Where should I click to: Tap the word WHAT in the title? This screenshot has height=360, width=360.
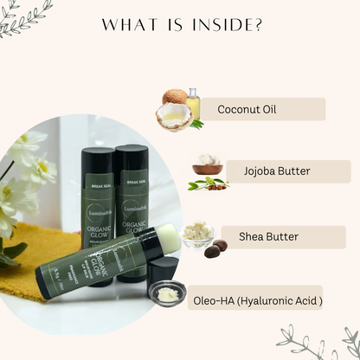click(128, 25)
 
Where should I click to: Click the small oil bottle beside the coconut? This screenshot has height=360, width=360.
click(193, 101)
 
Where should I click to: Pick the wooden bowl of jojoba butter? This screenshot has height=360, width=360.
click(209, 165)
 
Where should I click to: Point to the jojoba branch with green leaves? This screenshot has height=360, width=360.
click(209, 183)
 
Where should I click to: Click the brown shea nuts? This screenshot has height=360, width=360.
click(215, 248)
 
